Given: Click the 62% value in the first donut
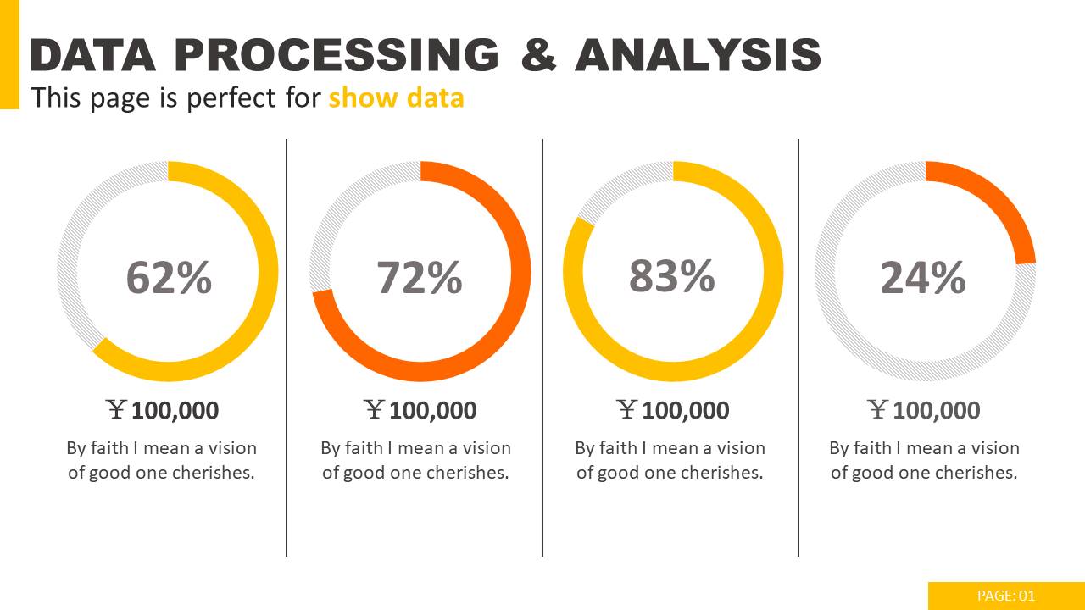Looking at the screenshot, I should coord(169,277).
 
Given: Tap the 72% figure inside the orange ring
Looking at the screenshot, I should coord(420,277).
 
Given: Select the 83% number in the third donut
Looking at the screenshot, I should coord(672,275).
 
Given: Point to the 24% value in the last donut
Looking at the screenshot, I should coord(923,277).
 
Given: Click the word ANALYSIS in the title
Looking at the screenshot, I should coord(698,55).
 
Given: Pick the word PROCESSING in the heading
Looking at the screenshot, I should coord(337,55).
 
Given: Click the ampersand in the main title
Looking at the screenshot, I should coord(538,55).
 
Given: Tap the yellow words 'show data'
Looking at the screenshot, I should coord(396,97).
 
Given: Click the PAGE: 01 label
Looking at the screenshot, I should coord(1006,596).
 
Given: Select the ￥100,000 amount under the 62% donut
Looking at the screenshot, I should coord(164,410).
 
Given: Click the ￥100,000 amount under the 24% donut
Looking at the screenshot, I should coord(925,410).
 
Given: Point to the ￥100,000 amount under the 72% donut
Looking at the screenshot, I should coord(420,410).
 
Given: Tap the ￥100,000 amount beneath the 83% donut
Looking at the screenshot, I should coord(673,410).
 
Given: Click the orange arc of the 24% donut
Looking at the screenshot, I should coord(1000,203).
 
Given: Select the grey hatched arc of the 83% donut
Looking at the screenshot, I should coord(619,186).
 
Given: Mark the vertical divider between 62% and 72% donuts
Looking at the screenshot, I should coord(287,347).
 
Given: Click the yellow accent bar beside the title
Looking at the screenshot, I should coord(8,54).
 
